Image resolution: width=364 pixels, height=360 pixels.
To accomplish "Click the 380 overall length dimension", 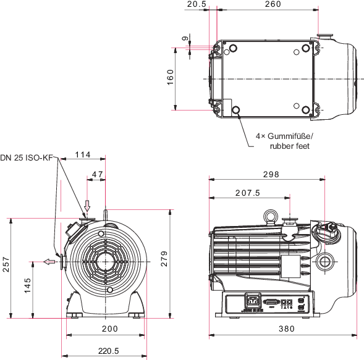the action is (287, 329).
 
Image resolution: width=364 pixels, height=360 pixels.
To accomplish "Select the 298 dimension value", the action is (271, 174).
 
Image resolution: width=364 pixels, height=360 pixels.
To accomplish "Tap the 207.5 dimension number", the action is (247, 193).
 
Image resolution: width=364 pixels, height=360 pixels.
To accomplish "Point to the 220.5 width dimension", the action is (108, 351).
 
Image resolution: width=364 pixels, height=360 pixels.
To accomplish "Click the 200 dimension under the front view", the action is (110, 329).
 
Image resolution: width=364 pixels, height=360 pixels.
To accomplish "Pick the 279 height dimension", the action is (164, 259).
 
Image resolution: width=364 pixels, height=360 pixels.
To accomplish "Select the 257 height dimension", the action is (6, 264).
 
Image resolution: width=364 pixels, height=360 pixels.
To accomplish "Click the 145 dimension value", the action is (27, 285).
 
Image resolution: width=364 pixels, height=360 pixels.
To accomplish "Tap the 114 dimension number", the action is (83, 154).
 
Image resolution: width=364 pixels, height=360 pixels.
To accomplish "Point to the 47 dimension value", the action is (97, 174).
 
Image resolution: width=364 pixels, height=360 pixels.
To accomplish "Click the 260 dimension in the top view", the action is (273, 4).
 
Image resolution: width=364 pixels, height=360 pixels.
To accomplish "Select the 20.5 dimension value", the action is (197, 4).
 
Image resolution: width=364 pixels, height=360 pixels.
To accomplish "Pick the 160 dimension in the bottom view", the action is (170, 77).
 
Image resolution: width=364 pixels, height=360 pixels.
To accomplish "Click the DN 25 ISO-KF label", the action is (27, 157).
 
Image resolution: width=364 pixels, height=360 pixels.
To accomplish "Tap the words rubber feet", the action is (290, 146).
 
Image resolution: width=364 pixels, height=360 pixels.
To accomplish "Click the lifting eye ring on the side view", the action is (270, 216).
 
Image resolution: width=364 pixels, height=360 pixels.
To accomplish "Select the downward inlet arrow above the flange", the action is (87, 205).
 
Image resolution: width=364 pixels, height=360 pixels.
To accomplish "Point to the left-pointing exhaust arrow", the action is (49, 262).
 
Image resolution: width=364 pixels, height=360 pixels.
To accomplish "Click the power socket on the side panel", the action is (253, 301).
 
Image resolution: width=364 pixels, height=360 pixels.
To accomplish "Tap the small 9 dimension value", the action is (185, 38).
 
